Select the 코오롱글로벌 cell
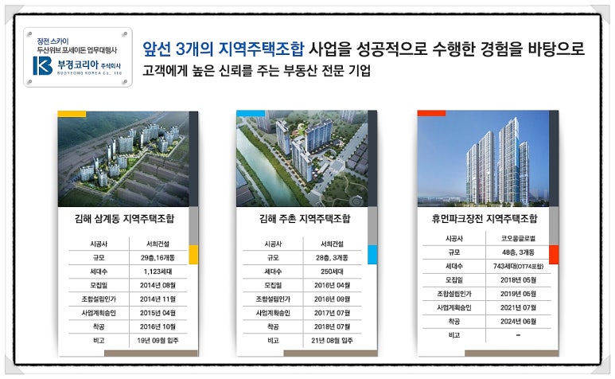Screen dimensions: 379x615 tap(515, 237)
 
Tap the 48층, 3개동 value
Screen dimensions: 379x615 tap(515, 252)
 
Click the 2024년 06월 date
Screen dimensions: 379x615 tap(515, 321)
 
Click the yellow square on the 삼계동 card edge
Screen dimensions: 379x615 tap(193, 255)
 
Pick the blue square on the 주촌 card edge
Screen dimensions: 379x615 tap(372, 255)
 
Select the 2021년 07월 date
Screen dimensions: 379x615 tap(515, 307)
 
